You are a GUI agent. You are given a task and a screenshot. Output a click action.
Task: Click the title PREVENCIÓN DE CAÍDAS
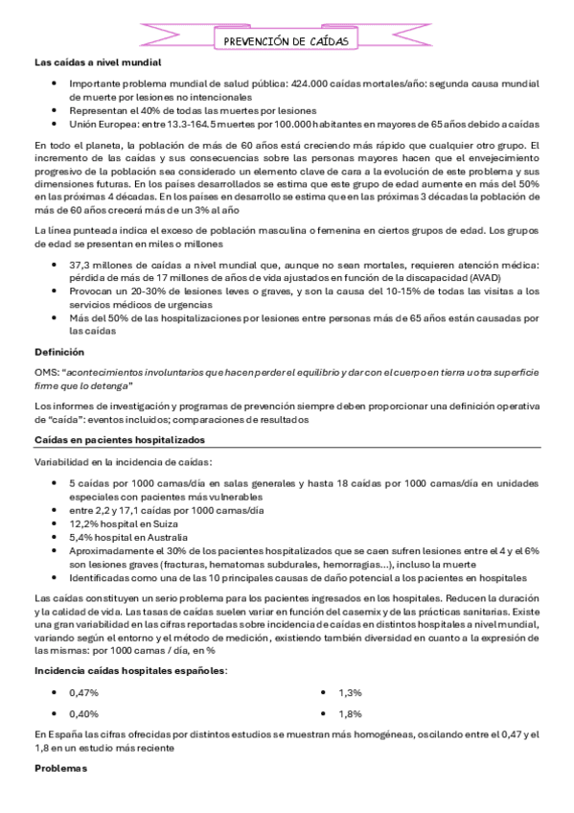tap(285, 41)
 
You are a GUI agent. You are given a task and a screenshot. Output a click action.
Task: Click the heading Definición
tap(58, 352)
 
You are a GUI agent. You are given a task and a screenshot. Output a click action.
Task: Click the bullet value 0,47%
tap(84, 691)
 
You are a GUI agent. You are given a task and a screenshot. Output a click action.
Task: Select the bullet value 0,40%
tap(84, 713)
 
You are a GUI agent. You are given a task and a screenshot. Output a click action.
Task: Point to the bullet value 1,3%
tap(350, 691)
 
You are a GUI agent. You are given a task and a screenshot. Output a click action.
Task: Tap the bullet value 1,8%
tap(350, 713)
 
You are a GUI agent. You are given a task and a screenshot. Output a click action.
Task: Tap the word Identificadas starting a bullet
tap(101, 578)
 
